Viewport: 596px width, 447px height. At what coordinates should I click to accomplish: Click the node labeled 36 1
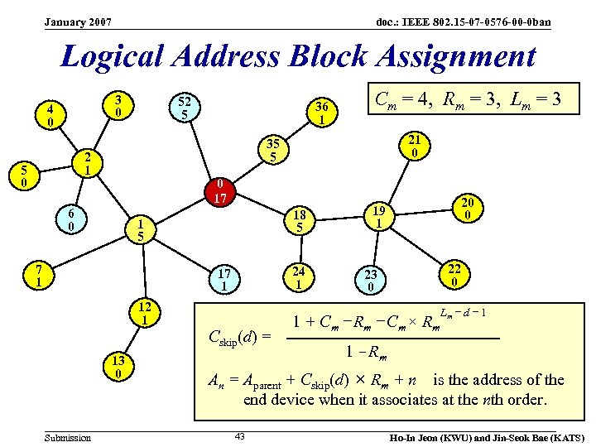click(x=321, y=112)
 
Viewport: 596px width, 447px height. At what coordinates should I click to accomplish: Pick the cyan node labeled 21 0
click(x=415, y=146)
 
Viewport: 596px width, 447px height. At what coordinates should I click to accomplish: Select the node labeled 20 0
click(x=468, y=209)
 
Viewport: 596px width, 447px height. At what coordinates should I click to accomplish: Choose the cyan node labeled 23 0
click(x=371, y=280)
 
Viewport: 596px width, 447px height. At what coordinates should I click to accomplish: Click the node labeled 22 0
click(x=454, y=275)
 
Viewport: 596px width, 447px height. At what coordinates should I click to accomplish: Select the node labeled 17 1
click(x=224, y=279)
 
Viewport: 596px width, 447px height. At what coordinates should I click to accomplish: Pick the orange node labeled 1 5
click(x=142, y=229)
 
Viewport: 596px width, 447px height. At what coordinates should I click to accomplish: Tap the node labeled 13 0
click(x=119, y=366)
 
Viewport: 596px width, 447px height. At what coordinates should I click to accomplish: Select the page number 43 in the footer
click(x=240, y=436)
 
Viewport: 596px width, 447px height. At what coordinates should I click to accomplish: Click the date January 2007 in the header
click(x=79, y=22)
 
